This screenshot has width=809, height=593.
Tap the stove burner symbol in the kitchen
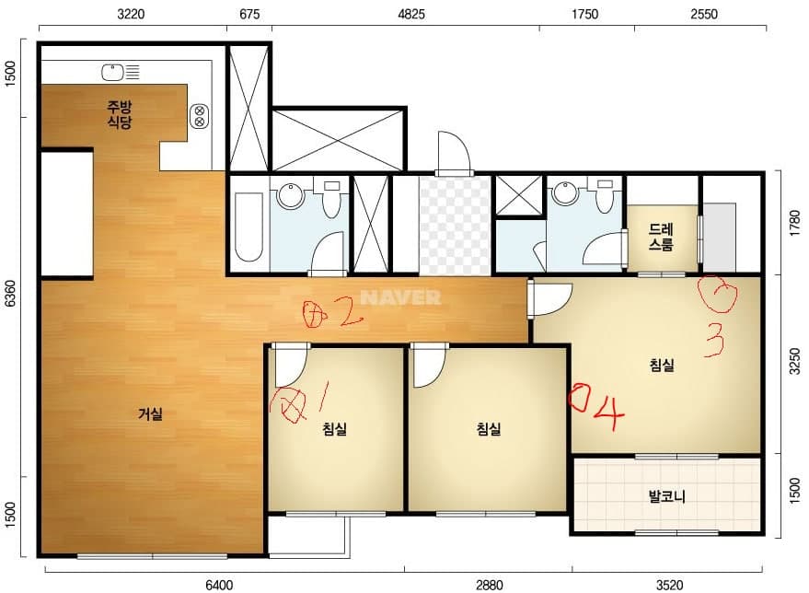pos(199,116)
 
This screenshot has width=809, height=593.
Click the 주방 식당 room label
pos(120,114)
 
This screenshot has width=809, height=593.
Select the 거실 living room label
pos(150,414)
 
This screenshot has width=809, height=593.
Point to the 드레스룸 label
pos(661,237)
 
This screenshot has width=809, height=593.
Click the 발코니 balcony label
pos(666,496)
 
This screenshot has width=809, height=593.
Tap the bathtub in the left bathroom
pos(248,227)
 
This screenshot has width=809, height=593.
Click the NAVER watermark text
pos(400,297)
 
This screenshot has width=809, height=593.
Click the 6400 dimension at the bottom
pos(219,585)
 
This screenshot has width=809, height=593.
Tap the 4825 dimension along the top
pos(411,14)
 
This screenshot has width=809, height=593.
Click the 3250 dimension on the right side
pos(795,361)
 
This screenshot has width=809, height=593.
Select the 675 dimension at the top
pos(249,14)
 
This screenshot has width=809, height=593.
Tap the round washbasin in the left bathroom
pos(292,196)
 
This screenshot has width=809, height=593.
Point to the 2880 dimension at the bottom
pos(489,585)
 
